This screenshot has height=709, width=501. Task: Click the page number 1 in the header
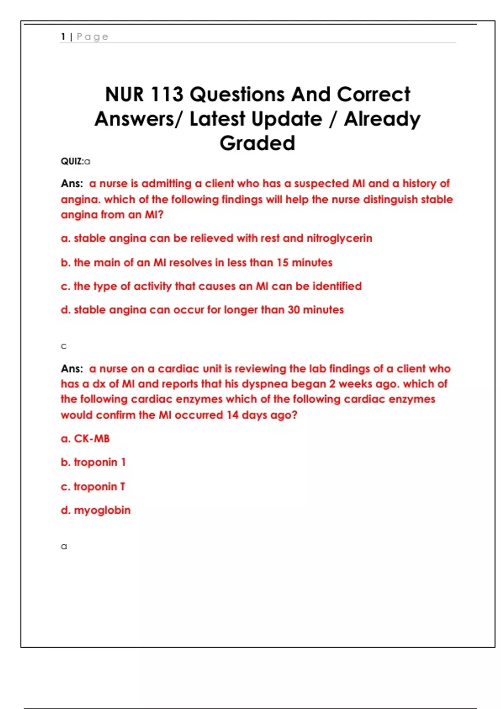63,37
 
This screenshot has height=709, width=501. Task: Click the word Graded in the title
257,143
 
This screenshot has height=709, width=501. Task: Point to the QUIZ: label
72,161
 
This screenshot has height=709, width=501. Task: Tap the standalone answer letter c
63,346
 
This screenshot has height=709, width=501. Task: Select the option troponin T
99,487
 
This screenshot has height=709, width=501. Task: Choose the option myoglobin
102,510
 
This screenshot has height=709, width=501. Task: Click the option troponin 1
99,462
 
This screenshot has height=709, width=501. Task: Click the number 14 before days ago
233,415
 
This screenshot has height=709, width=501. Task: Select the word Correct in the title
373,94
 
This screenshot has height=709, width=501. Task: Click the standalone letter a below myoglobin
64,546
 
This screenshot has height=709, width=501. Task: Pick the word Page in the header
92,37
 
